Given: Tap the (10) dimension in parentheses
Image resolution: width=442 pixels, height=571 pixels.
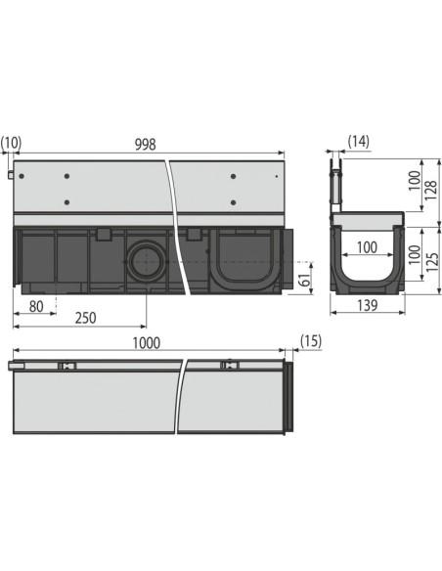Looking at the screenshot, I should click(x=12, y=144).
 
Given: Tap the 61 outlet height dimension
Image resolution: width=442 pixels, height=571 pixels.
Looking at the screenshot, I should click(x=304, y=280).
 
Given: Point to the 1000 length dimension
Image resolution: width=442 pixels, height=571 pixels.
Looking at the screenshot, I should click(x=144, y=344).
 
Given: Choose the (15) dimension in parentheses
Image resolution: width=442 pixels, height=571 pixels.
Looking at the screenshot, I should click(x=310, y=344).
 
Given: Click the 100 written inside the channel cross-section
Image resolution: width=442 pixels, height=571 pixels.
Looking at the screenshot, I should click(x=368, y=248).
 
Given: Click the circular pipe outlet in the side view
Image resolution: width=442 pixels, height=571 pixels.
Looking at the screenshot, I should click(x=144, y=261).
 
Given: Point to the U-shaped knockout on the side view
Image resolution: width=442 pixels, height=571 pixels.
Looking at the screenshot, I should click(x=236, y=260).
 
